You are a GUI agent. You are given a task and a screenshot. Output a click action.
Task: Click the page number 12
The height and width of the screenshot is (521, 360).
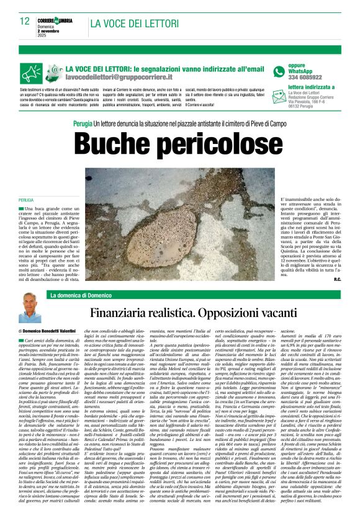(x=24, y=21)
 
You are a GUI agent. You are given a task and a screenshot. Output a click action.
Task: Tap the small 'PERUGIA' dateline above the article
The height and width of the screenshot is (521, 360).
(x=25, y=200)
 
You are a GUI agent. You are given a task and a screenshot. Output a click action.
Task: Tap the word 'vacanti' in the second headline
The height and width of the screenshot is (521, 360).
(x=313, y=313)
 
